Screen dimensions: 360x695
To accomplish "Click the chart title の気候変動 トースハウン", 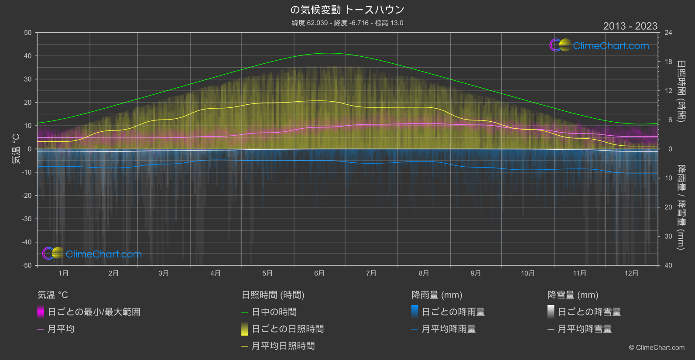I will pyautogui.click(x=347, y=10).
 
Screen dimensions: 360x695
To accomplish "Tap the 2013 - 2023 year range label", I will pyautogui.click(x=630, y=26).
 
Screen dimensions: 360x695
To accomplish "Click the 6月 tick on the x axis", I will pyautogui.click(x=319, y=273).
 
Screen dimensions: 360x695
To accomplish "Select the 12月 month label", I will pyautogui.click(x=631, y=273).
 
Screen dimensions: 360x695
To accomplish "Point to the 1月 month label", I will pyautogui.click(x=64, y=273).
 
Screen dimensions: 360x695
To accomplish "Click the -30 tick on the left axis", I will pyautogui.click(x=27, y=219).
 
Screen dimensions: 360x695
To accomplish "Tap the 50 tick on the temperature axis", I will pyautogui.click(x=28, y=33).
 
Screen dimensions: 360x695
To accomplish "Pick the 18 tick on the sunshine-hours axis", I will pyautogui.click(x=668, y=62).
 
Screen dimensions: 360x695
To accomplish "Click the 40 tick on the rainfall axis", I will pyautogui.click(x=668, y=265).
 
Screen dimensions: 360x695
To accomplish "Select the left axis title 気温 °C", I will pyautogui.click(x=16, y=149).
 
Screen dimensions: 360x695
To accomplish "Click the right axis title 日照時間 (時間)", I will pyautogui.click(x=681, y=91).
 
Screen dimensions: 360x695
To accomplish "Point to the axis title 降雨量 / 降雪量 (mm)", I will pyautogui.click(x=681, y=207).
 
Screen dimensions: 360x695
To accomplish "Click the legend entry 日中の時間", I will pyautogui.click(x=274, y=312).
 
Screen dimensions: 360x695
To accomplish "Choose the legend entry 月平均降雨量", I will pyautogui.click(x=448, y=329).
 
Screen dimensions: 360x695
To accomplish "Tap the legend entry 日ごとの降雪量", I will pyautogui.click(x=589, y=312).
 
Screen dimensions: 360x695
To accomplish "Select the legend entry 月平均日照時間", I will pyautogui.click(x=283, y=346).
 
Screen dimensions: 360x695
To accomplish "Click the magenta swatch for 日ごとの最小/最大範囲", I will pyautogui.click(x=41, y=312).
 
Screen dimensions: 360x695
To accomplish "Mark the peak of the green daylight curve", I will pyautogui.click(x=329, y=53).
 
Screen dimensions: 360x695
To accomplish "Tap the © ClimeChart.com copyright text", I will pyautogui.click(x=657, y=348).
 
